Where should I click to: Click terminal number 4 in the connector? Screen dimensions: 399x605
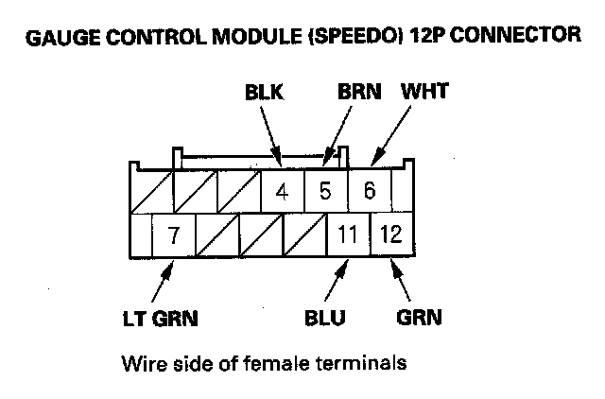pos(282,191)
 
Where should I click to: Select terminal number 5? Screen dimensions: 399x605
pos(325,191)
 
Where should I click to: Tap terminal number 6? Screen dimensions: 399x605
pos(370,191)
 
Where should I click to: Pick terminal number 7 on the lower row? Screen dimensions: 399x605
pos(174,234)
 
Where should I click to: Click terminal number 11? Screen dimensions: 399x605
pos(347,234)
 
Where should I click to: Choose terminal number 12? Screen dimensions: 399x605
pos(390,234)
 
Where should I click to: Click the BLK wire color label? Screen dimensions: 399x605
pos(265,94)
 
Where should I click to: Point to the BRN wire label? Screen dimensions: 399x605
pos(358,94)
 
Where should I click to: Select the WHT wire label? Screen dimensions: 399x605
pos(424,94)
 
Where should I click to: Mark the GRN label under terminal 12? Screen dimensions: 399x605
pos(420,318)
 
